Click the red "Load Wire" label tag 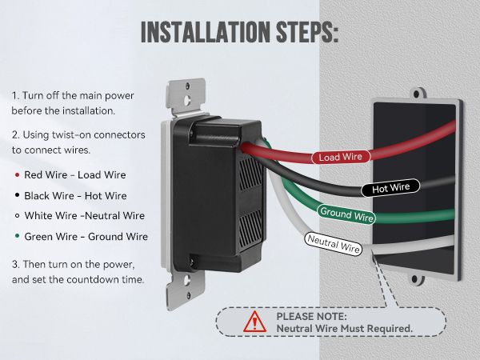[x=341, y=157]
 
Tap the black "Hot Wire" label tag [x=390, y=188]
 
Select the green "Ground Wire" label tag [x=346, y=214]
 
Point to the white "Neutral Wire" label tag [x=334, y=244]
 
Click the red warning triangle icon [x=254, y=322]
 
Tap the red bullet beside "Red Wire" [x=17, y=174]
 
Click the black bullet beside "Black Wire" [x=17, y=195]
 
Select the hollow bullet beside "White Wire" [x=17, y=215]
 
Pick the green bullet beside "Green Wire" [x=17, y=236]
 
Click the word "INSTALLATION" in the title [x=206, y=32]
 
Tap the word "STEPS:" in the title [x=307, y=32]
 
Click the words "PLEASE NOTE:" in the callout [x=312, y=316]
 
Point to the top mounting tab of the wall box [x=417, y=94]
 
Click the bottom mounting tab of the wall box [x=414, y=279]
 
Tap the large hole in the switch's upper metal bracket [x=187, y=100]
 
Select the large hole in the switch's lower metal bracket [x=187, y=281]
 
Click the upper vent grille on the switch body [x=250, y=174]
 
